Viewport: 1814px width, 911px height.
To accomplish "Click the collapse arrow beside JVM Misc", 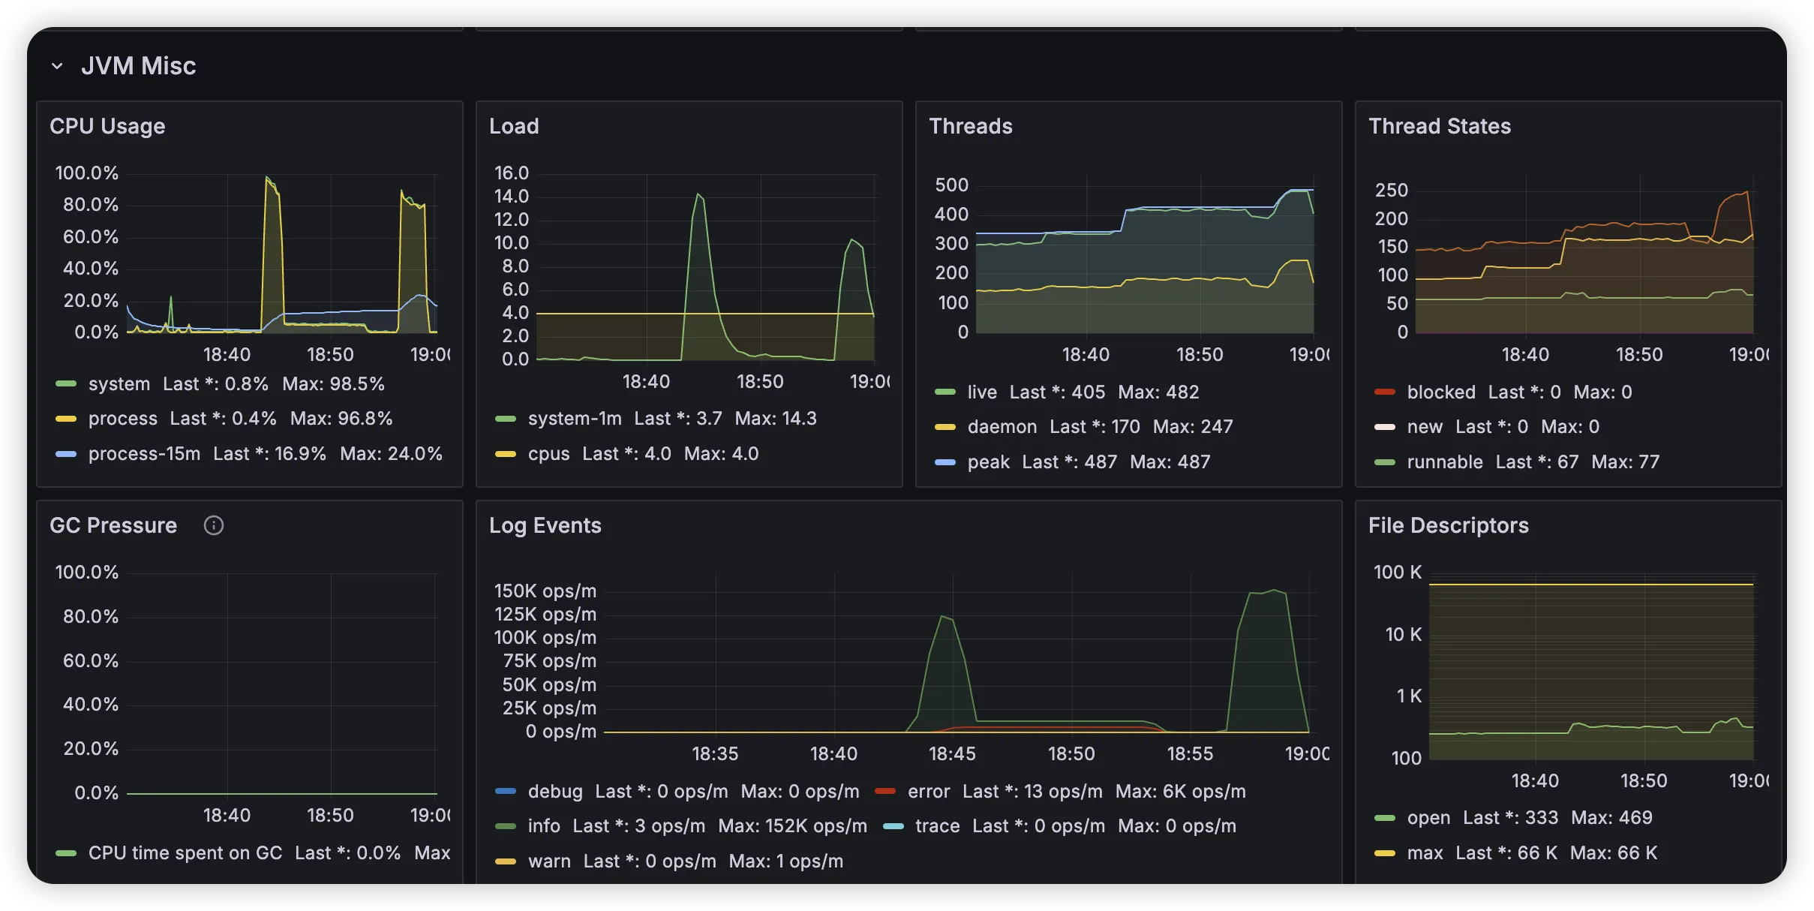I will click(57, 66).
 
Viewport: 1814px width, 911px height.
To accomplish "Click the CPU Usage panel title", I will click(107, 126).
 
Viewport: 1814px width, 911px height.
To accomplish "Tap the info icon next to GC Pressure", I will click(214, 525).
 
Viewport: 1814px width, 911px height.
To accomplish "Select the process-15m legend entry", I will click(144, 454).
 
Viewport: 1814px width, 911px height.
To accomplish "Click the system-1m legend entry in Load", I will click(575, 419).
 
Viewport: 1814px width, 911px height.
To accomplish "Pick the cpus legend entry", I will click(548, 454).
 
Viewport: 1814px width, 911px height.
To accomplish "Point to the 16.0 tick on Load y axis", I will click(512, 173).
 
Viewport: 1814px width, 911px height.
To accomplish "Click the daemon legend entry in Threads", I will click(1002, 427).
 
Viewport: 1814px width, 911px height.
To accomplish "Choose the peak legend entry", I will click(988, 462).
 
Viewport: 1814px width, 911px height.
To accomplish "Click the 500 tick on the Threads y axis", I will click(951, 185).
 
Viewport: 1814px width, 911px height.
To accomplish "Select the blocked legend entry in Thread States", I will click(1440, 392).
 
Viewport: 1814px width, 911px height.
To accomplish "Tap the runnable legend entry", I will click(1444, 462).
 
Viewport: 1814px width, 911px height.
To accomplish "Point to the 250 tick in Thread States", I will click(1391, 191).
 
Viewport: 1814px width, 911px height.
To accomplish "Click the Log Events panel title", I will click(545, 525).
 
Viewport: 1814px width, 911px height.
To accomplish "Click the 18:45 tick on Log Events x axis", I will click(952, 753).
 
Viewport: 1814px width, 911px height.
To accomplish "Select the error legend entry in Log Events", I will click(928, 792).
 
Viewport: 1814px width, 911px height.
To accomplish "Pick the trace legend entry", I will click(937, 826).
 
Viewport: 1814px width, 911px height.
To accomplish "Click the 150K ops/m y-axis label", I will click(545, 591).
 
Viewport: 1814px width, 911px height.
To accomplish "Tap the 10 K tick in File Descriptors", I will click(1403, 635).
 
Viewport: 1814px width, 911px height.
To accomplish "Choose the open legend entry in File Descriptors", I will click(1428, 818).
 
